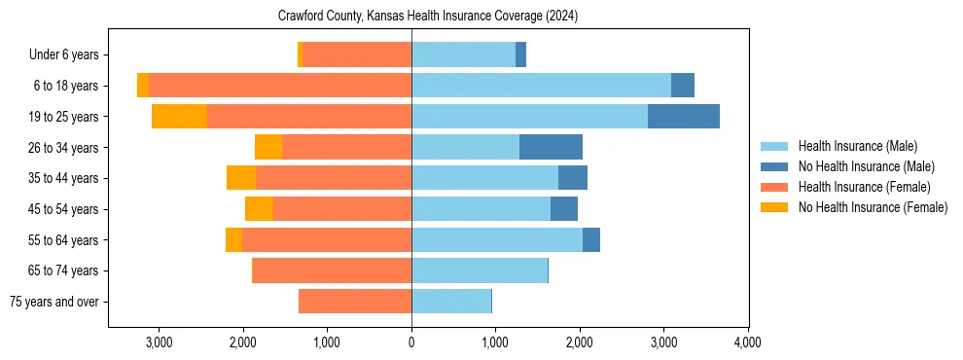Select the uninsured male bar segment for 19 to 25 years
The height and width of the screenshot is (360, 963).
[684, 117]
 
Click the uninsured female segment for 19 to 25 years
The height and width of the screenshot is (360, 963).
[180, 117]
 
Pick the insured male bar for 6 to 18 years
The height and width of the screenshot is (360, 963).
[541, 86]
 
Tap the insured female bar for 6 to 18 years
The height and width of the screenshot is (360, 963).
[280, 86]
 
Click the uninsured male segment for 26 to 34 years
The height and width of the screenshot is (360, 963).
[551, 147]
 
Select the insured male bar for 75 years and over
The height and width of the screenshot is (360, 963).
[451, 302]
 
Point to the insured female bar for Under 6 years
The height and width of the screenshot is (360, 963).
[357, 54]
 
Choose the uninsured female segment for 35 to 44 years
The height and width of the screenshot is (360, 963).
[241, 178]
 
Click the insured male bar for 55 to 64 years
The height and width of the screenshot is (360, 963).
[497, 239]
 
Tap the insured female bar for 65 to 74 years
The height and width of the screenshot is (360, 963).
[332, 270]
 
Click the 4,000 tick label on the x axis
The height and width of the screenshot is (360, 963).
[747, 342]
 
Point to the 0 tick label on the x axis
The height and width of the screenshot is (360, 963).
[411, 342]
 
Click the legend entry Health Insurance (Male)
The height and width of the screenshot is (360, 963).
[857, 146]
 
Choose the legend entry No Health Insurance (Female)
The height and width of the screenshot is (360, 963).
[873, 207]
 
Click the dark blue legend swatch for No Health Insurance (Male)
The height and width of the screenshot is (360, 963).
[775, 166]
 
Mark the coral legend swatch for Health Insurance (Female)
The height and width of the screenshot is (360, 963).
[775, 187]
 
